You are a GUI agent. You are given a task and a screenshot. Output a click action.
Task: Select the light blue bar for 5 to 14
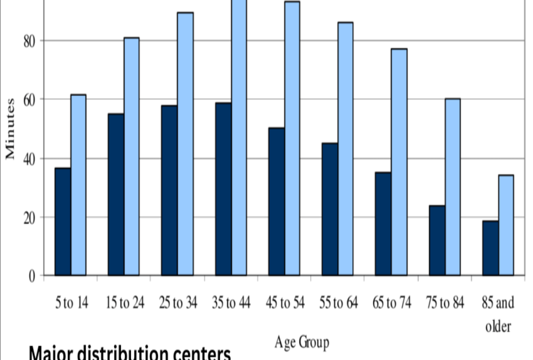[x=78, y=185]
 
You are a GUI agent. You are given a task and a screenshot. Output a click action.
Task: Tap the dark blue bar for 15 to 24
[x=116, y=195]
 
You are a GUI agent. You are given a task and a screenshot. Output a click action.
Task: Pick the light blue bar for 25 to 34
[x=185, y=144]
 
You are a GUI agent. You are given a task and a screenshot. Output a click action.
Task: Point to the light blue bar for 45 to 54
[x=292, y=139]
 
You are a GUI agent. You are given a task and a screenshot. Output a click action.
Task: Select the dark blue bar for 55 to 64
[x=330, y=209]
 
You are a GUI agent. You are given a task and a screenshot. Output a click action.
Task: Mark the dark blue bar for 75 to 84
[x=437, y=241]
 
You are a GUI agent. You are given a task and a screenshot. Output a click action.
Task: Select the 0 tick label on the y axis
[x=33, y=276]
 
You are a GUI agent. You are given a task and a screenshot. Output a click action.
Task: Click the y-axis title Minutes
[x=10, y=129]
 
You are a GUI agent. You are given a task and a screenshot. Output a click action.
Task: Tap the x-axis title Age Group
[x=302, y=342]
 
